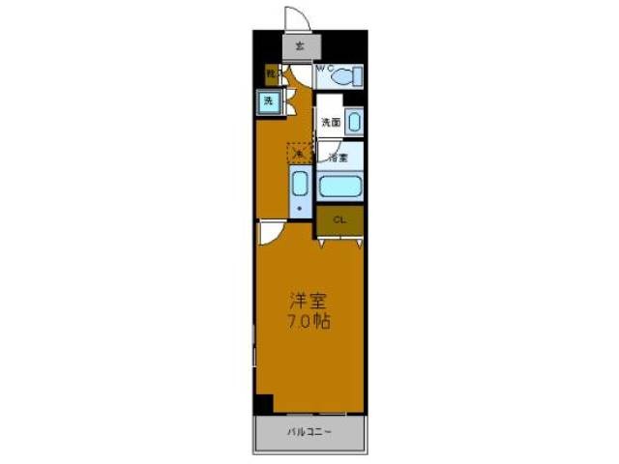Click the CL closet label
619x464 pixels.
[339, 220]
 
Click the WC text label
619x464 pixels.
[324, 69]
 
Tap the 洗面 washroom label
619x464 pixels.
[331, 123]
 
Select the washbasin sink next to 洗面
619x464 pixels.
[353, 122]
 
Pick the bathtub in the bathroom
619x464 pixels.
[339, 186]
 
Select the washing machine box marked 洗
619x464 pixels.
[268, 101]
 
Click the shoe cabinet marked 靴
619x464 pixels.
[271, 72]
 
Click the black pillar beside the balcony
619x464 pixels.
[264, 406]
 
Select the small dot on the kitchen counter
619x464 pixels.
[300, 207]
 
